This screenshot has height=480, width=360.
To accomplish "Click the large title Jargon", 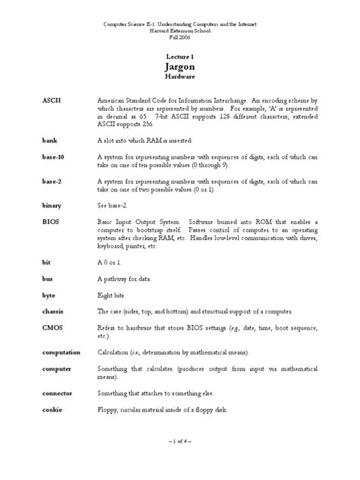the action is [x=180, y=67].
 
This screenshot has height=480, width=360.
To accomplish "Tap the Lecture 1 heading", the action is [x=180, y=55].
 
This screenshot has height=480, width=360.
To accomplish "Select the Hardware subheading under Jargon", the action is [x=180, y=77].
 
